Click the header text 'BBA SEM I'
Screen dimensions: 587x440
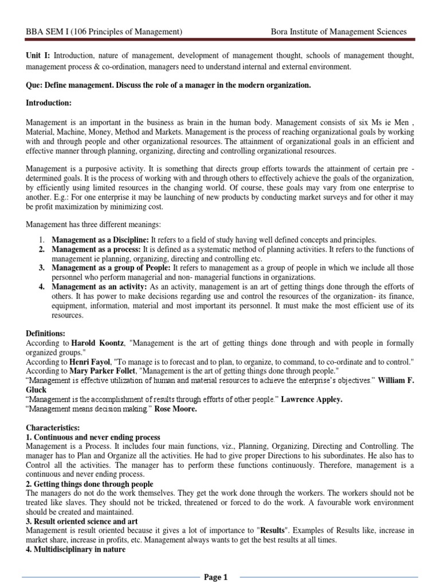point(49,32)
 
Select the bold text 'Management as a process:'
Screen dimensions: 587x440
point(96,249)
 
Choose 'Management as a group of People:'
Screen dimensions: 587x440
point(109,268)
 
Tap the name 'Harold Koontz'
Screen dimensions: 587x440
point(99,343)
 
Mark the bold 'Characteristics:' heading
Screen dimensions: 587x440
point(54,428)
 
